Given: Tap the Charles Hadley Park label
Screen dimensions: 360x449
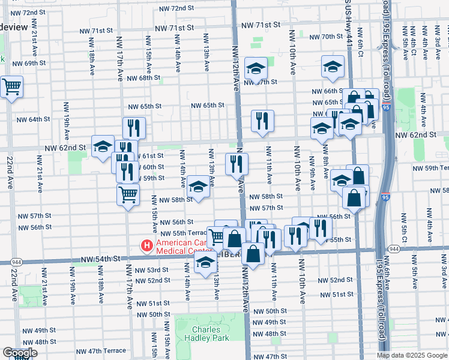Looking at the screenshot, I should point(210,334).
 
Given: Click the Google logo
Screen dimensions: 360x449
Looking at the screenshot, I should point(20,353).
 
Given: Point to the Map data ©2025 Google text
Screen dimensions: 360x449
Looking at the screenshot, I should point(411,355).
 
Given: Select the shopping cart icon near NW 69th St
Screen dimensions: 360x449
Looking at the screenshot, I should point(11,87).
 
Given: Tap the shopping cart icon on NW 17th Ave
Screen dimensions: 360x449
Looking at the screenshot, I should point(128,194).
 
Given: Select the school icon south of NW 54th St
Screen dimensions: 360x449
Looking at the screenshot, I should point(205,262).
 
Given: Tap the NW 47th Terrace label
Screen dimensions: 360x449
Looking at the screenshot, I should point(101,350).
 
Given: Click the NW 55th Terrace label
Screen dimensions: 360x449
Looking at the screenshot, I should point(182,233).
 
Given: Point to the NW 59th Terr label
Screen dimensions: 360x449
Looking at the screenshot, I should point(429,168).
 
